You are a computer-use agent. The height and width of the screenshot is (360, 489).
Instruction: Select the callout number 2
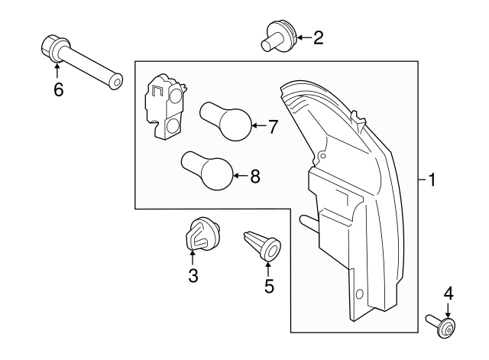pyautogui.click(x=318, y=37)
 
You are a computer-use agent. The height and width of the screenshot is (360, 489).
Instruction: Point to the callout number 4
pyautogui.click(x=449, y=294)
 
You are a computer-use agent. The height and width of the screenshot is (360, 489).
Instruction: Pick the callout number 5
pyautogui.click(x=268, y=287)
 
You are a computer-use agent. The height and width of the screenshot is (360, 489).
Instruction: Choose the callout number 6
pyautogui.click(x=58, y=89)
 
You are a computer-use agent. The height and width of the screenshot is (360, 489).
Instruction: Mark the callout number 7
pyautogui.click(x=273, y=126)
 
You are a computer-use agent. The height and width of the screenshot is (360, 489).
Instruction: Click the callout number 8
pyautogui.click(x=254, y=177)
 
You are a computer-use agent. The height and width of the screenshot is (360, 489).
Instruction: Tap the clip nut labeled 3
pyautogui.click(x=200, y=234)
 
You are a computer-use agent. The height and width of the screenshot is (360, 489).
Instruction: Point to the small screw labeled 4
pyautogui.click(x=442, y=326)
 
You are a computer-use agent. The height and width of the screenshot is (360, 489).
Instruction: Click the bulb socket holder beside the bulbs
pyautogui.click(x=167, y=107)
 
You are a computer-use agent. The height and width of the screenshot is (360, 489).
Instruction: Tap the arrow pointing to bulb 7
pyautogui.click(x=258, y=126)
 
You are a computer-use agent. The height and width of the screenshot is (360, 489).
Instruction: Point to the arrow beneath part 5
pyautogui.click(x=268, y=266)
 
